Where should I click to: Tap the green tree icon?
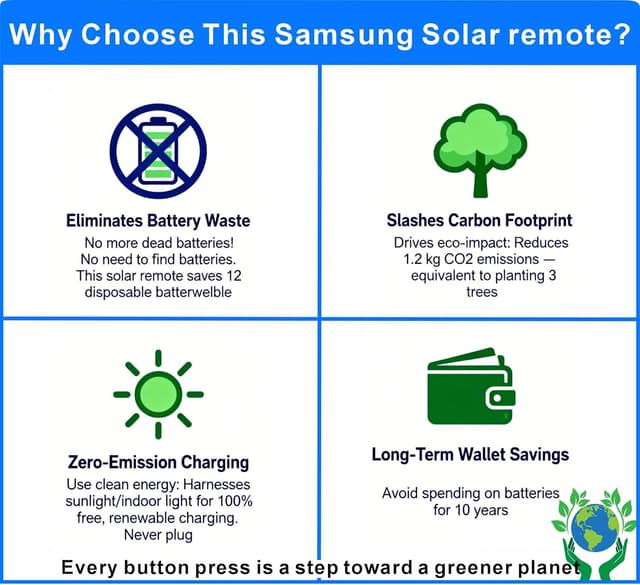tap(480, 150)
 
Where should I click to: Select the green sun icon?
tap(158, 393)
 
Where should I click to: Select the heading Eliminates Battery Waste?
tap(158, 220)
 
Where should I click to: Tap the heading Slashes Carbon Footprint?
tap(479, 220)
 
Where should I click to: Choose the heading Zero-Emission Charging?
tap(158, 462)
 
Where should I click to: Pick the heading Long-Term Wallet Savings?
tap(470, 455)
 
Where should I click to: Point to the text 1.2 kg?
tap(410, 259)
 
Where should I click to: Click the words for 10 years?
tap(470, 510)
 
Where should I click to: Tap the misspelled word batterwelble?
tap(194, 292)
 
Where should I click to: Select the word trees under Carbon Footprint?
tap(480, 292)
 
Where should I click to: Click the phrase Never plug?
tap(158, 535)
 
